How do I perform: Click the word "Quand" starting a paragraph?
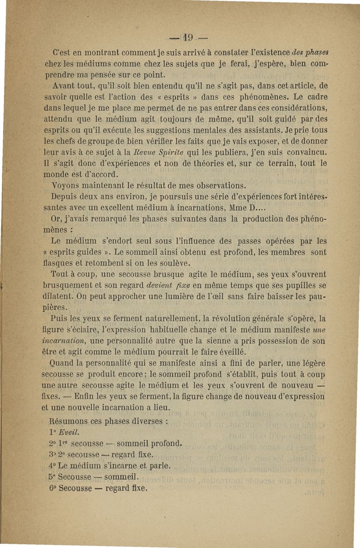[x=65, y=364]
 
